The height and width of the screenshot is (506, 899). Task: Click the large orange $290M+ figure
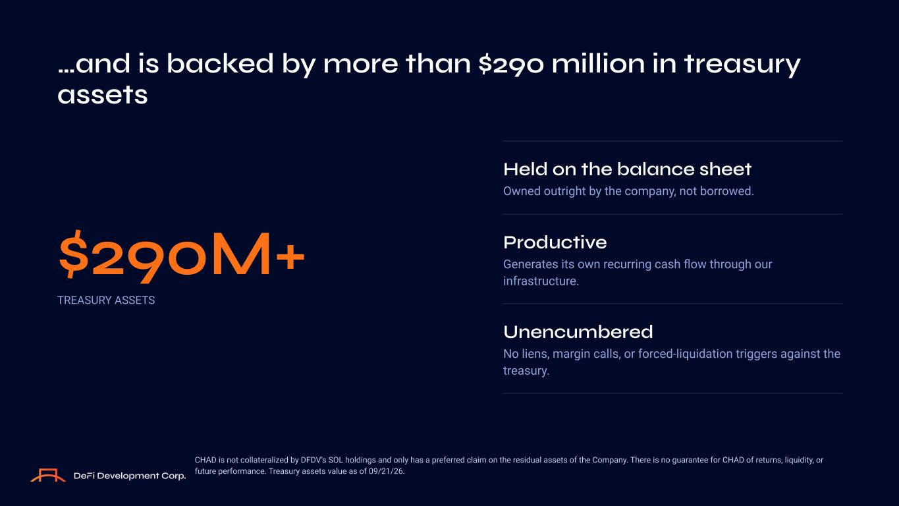click(x=181, y=256)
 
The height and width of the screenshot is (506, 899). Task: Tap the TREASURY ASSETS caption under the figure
click(x=106, y=300)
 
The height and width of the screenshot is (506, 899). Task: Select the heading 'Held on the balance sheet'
click(x=627, y=169)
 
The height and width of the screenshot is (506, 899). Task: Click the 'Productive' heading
click(x=555, y=242)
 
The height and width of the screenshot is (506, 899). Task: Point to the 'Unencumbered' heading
click(x=578, y=332)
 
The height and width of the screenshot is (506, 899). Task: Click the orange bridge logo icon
click(x=48, y=475)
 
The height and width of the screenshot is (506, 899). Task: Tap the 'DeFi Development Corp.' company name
click(x=130, y=476)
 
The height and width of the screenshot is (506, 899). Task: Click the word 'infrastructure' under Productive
click(x=540, y=281)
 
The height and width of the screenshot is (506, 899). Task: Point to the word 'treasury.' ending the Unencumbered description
click(x=526, y=371)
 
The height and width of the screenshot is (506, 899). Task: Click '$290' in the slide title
click(x=511, y=65)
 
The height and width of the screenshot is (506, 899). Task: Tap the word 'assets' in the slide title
click(x=103, y=96)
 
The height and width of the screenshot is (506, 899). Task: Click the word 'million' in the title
click(x=598, y=63)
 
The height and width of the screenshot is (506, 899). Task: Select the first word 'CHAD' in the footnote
click(x=205, y=461)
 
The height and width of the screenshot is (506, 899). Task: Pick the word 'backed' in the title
click(x=220, y=63)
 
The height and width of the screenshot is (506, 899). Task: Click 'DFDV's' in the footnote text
click(x=313, y=461)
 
